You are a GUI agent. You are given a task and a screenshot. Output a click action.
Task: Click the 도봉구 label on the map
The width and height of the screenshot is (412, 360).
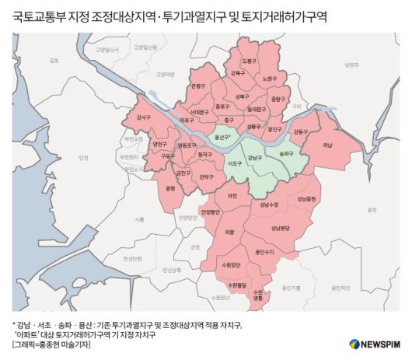249,60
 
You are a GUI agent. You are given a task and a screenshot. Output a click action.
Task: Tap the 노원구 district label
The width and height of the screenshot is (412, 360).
269,79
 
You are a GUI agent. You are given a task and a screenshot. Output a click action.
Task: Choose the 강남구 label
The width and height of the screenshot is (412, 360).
255,157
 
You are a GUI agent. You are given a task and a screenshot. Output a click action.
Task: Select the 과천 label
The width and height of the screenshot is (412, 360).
232,196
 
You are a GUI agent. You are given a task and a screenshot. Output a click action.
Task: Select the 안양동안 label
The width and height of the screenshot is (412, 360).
211,211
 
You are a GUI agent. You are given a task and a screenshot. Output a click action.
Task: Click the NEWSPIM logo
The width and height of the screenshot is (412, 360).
373,343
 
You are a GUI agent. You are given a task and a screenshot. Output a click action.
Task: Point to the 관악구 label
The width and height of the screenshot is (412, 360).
207,177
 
